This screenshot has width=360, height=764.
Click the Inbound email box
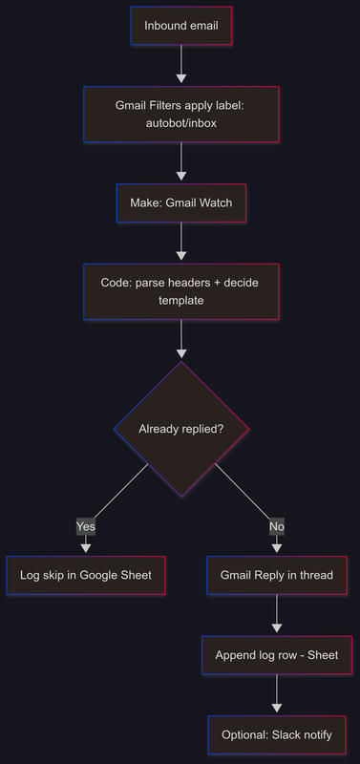180,26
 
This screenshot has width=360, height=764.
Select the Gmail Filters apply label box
180,115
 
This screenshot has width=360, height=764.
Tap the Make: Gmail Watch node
180,202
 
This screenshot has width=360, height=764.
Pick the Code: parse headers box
180,291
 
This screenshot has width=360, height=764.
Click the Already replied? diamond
181,429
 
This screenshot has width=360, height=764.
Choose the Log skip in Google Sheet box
86,575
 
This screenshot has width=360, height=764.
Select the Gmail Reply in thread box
277,575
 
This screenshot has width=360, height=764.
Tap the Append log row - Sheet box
277,655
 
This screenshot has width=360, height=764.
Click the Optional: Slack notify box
277,735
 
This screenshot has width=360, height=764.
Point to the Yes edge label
86,526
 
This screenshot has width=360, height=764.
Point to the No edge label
277,526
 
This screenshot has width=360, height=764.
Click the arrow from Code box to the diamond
180,339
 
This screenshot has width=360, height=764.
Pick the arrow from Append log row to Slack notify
277,694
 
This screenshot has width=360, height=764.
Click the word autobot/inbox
180,124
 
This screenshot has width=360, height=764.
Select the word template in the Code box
180,301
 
